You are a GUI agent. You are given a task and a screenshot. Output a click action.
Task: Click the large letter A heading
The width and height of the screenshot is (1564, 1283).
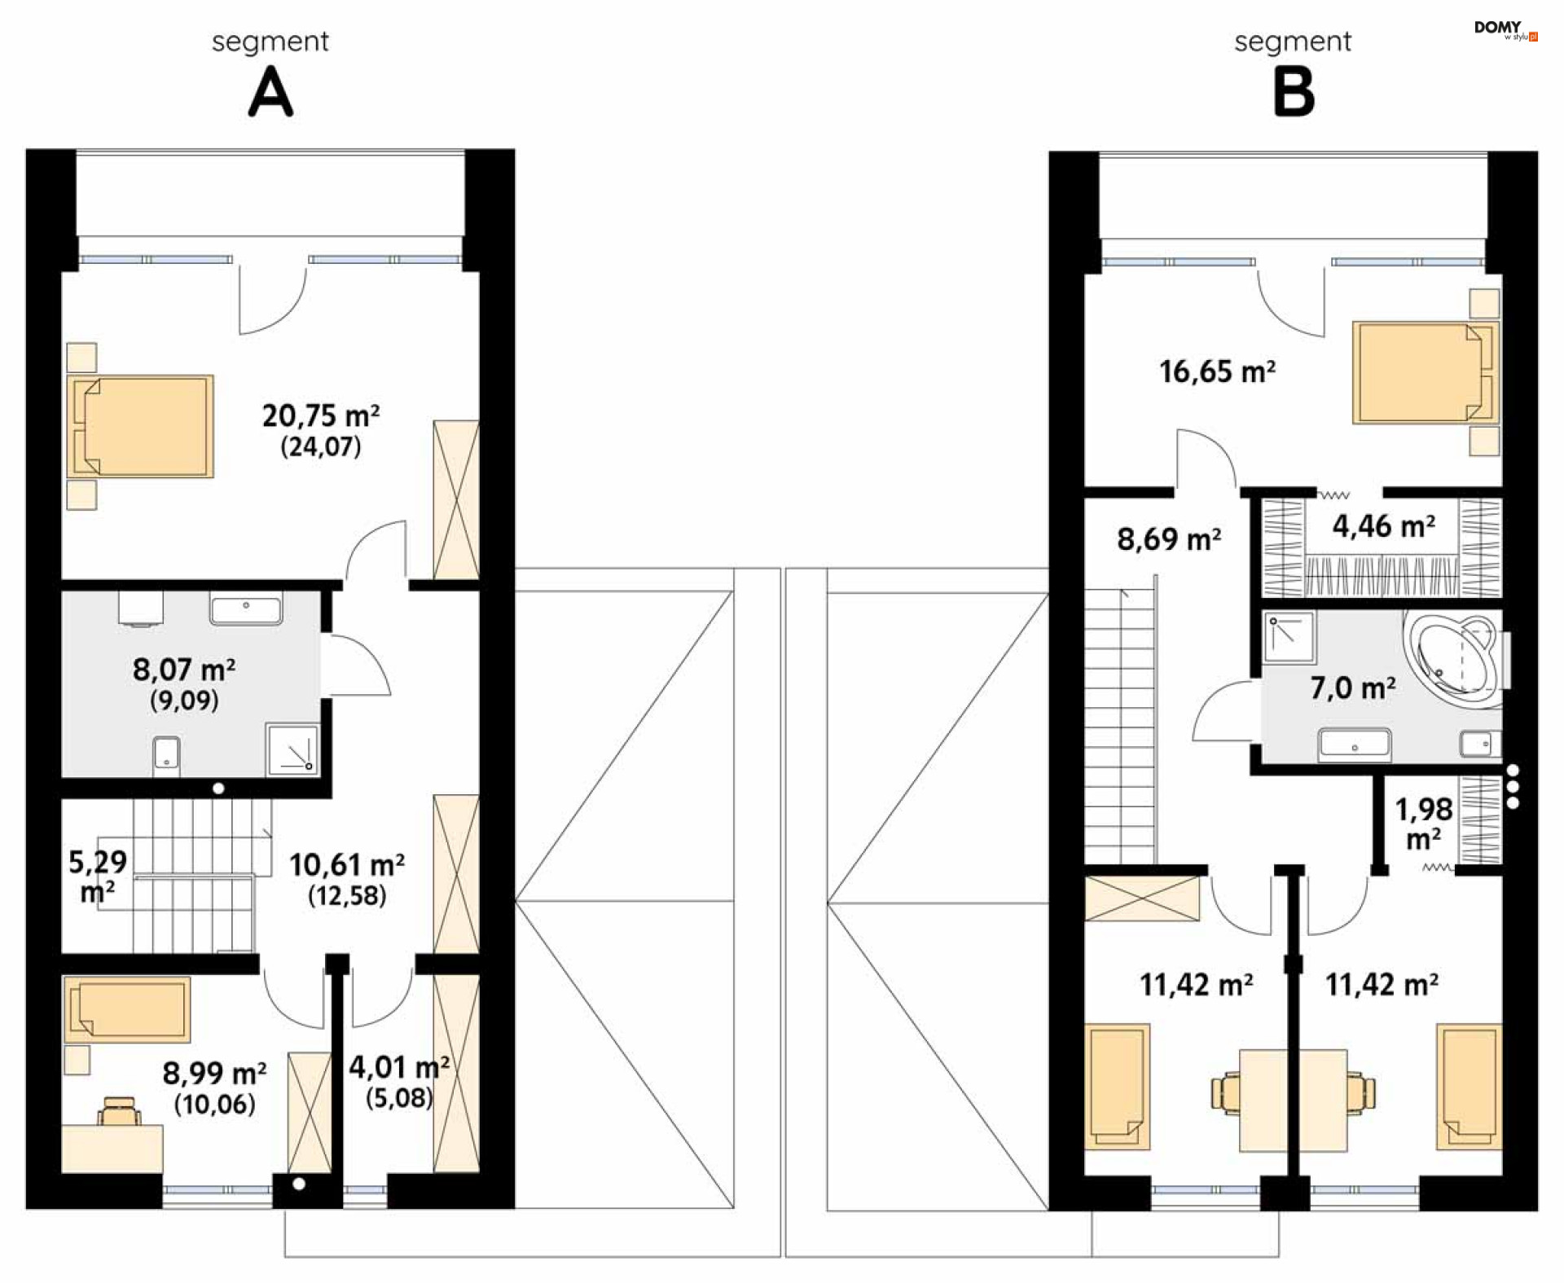(x=270, y=92)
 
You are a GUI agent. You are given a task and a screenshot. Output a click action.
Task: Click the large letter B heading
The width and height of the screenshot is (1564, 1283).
(x=1294, y=92)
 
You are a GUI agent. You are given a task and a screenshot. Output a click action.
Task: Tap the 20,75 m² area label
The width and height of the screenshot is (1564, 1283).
(x=320, y=415)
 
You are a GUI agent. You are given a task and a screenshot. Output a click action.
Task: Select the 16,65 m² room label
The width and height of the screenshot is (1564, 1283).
(x=1217, y=371)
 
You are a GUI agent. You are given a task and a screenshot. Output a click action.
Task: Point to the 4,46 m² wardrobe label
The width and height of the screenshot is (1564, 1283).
(x=1383, y=526)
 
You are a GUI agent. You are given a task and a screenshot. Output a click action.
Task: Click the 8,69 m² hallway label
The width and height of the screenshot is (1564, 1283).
(x=1169, y=539)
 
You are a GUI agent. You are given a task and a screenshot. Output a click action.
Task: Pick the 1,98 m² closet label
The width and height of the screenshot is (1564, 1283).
(x=1423, y=824)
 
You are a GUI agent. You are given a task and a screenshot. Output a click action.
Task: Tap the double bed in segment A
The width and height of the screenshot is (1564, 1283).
(x=141, y=426)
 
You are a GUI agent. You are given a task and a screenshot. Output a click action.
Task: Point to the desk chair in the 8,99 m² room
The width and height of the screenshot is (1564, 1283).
(x=119, y=1111)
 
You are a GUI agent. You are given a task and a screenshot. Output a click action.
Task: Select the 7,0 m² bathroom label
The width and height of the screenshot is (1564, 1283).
(x=1353, y=688)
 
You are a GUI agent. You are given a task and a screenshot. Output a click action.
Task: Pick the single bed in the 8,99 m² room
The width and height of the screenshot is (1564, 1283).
(x=127, y=1009)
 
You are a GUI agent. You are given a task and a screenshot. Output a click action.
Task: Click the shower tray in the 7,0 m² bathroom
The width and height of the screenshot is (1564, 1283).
(x=1289, y=636)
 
